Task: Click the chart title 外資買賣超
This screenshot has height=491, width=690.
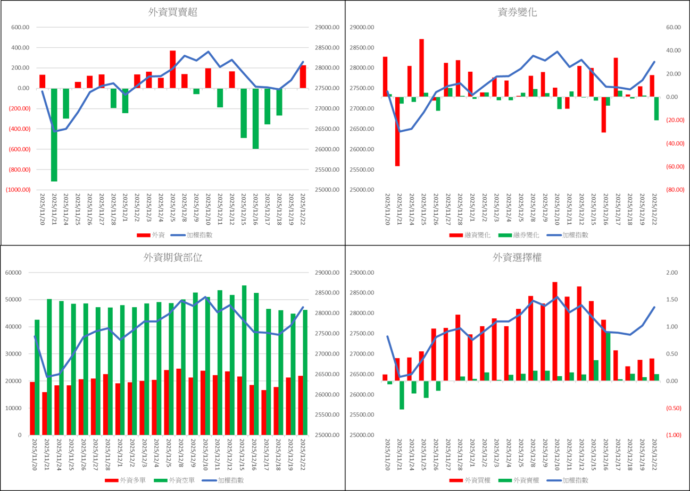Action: point(173,13)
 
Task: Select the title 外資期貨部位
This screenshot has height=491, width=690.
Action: point(173,258)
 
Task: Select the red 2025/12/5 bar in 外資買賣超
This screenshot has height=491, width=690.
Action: point(173,69)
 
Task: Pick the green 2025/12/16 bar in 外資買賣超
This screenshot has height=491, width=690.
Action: point(255,118)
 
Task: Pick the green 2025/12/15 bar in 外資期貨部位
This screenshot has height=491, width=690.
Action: point(244,360)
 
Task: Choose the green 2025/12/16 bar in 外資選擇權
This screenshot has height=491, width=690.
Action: point(608,357)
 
